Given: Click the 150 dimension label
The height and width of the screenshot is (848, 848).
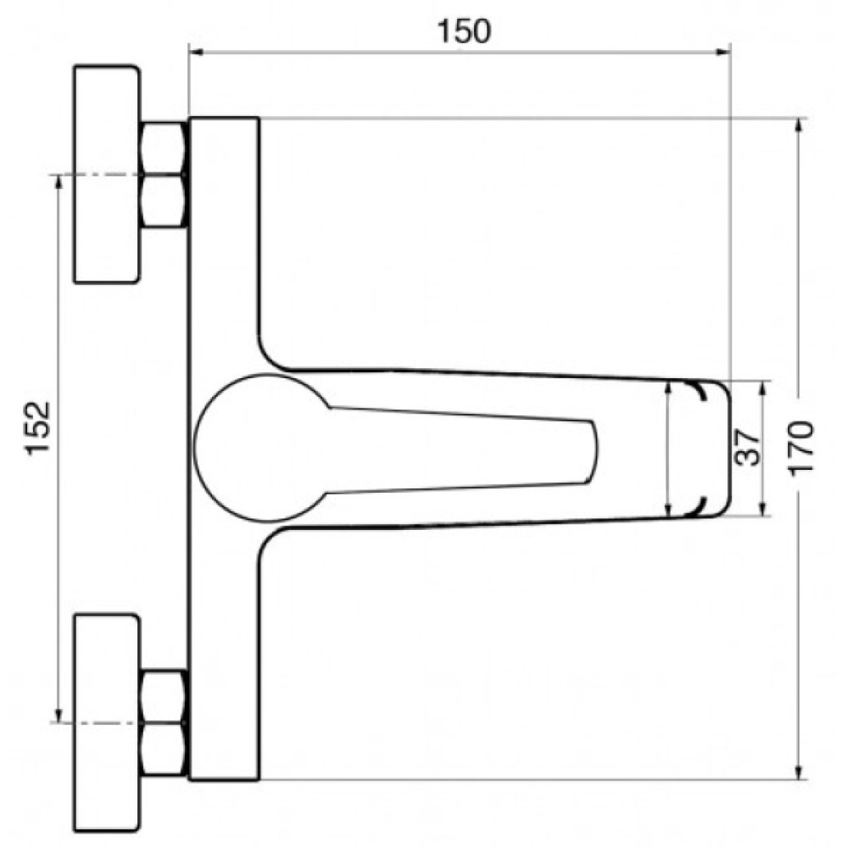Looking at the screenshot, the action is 464,31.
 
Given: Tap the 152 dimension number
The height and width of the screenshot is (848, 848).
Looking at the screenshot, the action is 38,427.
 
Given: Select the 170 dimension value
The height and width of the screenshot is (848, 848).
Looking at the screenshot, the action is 801,449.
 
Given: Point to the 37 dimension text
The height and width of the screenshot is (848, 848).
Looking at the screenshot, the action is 748,447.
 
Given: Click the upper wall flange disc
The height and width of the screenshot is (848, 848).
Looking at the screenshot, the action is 107,174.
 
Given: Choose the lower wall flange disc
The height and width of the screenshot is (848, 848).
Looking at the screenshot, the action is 107,723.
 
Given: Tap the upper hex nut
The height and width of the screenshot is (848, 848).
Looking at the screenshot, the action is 165,175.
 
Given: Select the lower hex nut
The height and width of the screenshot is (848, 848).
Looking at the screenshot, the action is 165,723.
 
